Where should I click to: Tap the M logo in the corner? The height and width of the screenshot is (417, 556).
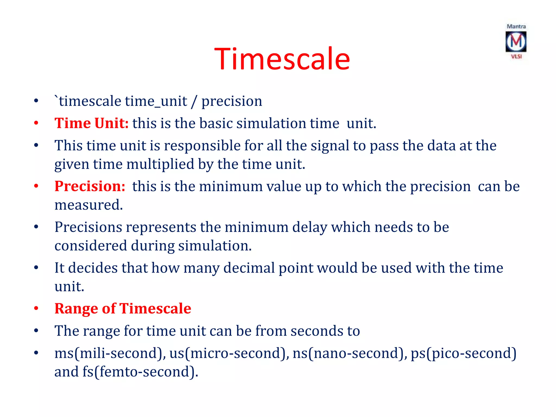coord(516,42)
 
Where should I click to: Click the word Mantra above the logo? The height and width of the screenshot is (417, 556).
coord(516,26)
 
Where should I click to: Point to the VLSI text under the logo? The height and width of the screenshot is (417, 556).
coord(516,56)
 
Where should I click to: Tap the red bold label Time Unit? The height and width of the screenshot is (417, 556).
coord(91,123)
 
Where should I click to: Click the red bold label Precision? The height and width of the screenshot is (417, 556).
coord(90,187)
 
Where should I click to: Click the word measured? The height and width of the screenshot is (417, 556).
coord(89,205)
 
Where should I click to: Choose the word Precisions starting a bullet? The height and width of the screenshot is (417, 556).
coord(88,227)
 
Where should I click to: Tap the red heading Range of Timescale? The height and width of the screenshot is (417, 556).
coord(123,309)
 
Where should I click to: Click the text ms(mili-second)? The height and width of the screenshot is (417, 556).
coord(110,353)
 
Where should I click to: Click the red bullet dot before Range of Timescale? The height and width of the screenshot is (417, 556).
coord(36,309)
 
